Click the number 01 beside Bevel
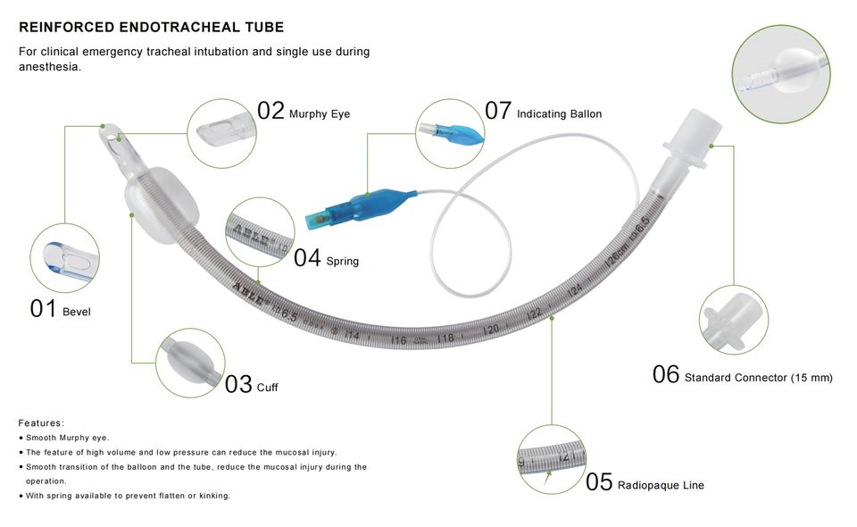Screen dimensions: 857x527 tap(43, 309)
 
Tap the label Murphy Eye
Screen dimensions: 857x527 tap(320, 114)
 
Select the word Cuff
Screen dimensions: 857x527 tap(267, 388)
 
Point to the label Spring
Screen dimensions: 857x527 tap(343, 262)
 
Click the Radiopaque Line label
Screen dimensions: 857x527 tap(661, 485)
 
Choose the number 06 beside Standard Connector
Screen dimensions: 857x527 tap(666, 374)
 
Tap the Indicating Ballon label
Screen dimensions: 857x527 tap(559, 114)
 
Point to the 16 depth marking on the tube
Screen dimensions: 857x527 tap(399, 340)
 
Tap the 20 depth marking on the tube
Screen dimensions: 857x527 tap(491, 330)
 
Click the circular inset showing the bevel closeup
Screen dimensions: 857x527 tap(64, 258)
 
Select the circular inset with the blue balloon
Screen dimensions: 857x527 tap(450, 133)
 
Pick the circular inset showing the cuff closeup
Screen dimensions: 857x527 tap(190, 363)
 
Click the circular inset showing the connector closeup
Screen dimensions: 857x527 tap(734, 320)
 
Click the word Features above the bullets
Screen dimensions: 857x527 tap(41, 423)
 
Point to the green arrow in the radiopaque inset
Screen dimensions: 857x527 tap(547, 479)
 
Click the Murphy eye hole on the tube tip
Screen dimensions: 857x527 tap(120, 138)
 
